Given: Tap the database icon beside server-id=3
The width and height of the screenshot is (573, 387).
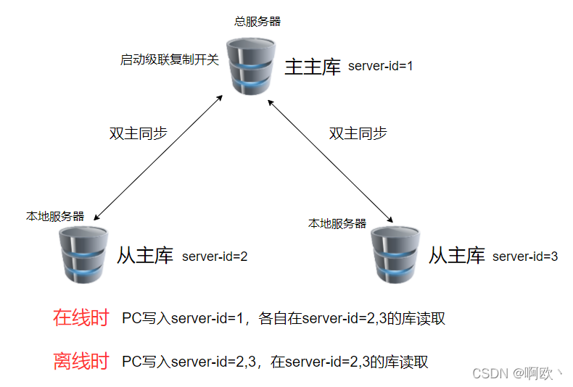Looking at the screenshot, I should (395, 254).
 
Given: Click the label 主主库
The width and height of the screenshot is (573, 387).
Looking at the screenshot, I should (312, 67).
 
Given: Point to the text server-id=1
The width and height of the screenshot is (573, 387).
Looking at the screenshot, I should (380, 67).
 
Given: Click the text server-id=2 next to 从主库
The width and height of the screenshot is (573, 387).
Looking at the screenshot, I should (215, 256).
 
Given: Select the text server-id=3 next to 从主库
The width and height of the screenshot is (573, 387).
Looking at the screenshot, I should (525, 256).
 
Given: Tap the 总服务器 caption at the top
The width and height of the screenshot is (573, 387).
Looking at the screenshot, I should (257, 22).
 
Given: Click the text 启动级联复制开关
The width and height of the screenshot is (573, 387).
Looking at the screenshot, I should (169, 59).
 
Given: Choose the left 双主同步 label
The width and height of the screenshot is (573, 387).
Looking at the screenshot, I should (138, 133).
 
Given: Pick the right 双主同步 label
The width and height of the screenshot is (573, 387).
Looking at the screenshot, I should (358, 133).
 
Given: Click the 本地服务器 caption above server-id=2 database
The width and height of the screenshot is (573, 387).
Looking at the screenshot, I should (55, 216).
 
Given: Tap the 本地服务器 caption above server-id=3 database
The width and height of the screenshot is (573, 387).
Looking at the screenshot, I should (337, 223).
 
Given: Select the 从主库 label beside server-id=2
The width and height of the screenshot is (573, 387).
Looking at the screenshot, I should (145, 255).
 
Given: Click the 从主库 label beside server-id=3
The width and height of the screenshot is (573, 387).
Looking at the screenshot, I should (456, 255).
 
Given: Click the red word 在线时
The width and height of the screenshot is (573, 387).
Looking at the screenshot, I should (81, 317).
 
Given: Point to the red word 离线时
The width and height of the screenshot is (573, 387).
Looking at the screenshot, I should (81, 361).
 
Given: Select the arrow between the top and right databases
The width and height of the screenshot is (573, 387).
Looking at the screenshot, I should (331, 161).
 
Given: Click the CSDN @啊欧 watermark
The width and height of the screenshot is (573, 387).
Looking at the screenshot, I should (516, 373).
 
